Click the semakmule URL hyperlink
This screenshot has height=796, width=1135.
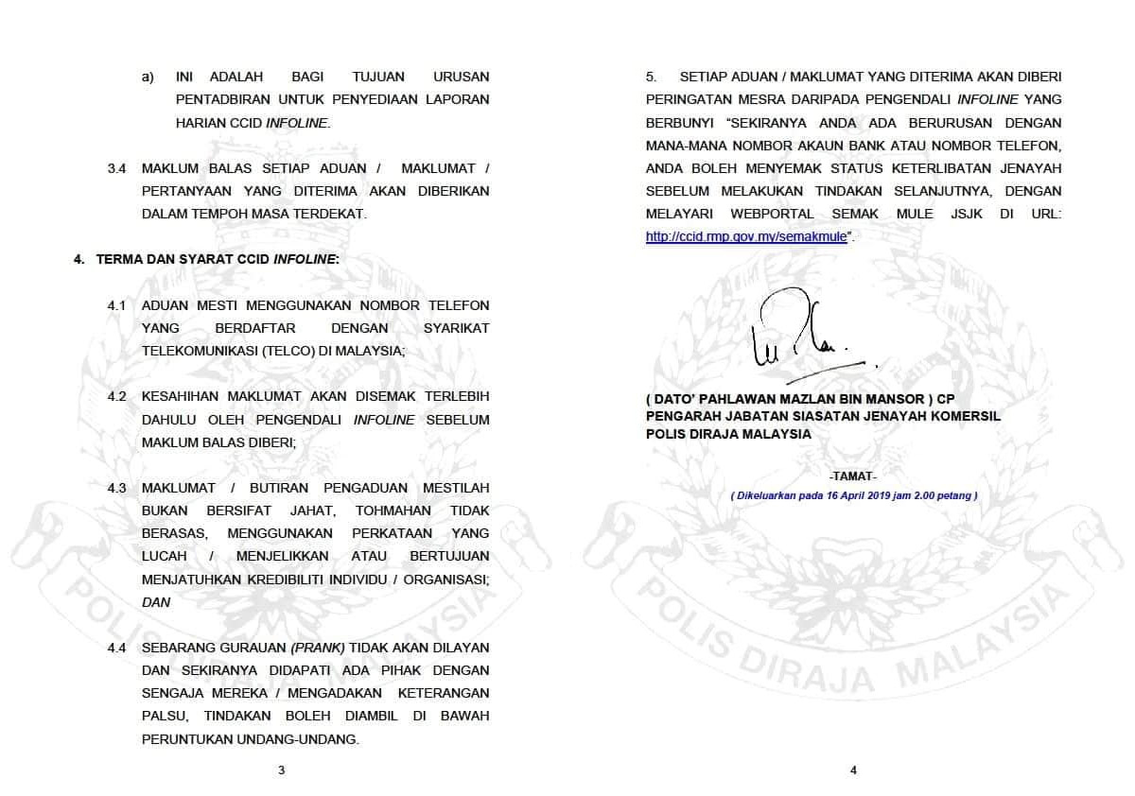click(747, 237)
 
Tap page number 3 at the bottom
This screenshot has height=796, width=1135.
click(281, 770)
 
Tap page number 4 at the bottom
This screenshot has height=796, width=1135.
click(853, 770)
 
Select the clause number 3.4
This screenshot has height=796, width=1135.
click(117, 168)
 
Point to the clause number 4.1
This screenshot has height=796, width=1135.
click(117, 305)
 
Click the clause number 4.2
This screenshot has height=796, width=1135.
click(117, 396)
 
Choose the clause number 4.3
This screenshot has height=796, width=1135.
click(117, 488)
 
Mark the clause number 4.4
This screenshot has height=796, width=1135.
click(117, 648)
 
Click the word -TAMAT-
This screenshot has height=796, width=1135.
click(852, 476)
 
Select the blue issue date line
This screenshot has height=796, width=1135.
click(853, 495)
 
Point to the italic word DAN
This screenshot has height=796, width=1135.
click(156, 602)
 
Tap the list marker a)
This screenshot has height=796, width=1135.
click(148, 77)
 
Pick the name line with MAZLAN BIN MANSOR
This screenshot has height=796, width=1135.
click(800, 400)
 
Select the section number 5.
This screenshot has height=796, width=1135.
click(651, 77)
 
